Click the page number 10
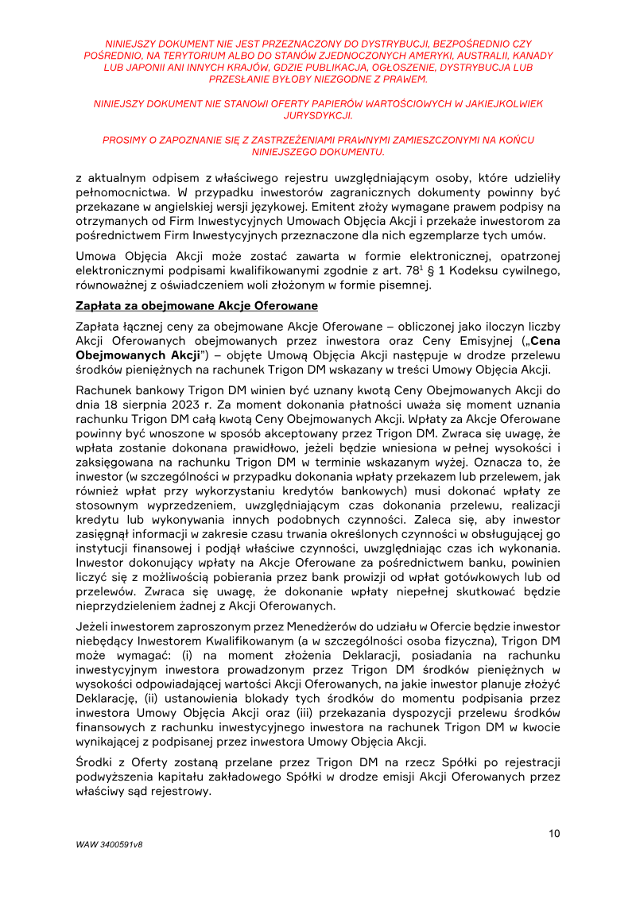coord(554,833)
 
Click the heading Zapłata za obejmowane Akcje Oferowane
coord(196,306)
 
